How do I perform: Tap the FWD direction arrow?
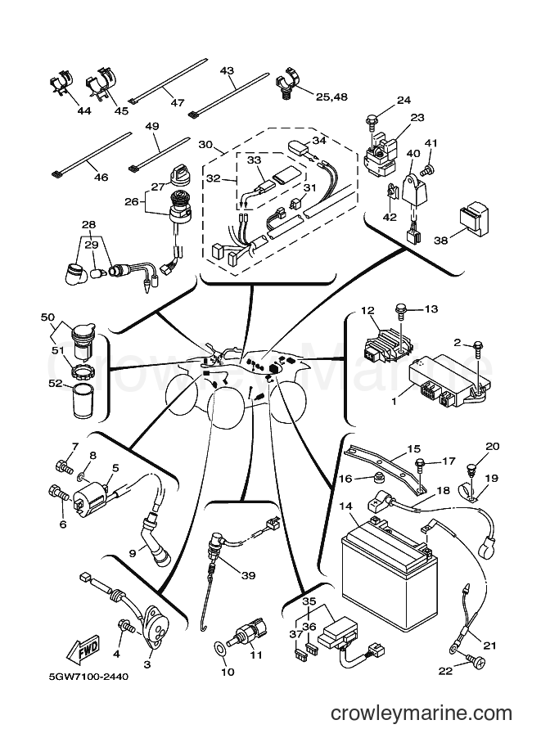click(x=83, y=649)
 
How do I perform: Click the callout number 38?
click(x=441, y=240)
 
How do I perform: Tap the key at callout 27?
click(x=183, y=170)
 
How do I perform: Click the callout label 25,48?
click(x=331, y=97)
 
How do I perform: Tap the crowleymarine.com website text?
click(x=422, y=713)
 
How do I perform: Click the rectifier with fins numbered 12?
click(x=385, y=340)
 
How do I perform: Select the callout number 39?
click(x=248, y=575)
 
